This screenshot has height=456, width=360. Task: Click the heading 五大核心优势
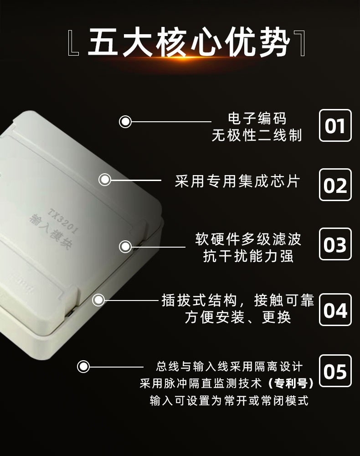[x=189, y=42]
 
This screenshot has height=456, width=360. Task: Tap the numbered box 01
[x=335, y=126]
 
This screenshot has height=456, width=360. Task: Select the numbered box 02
[x=335, y=185]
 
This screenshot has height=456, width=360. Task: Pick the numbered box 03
[x=335, y=244]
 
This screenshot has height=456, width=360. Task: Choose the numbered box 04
[x=335, y=310]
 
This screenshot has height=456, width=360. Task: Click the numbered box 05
[x=335, y=371]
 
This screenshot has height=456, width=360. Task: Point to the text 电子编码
[x=257, y=119]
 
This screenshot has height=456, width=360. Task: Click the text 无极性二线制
[x=257, y=135]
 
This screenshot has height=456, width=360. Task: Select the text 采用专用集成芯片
[x=237, y=181]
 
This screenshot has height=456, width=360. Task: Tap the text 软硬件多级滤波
[x=248, y=239]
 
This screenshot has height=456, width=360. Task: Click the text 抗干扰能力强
[x=248, y=256]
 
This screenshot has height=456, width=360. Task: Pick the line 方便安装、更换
[x=238, y=317]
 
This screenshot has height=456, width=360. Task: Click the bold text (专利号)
[x=291, y=383]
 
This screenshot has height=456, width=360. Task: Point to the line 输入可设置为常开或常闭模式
[x=229, y=400]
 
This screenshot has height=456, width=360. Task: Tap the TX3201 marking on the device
[x=63, y=221]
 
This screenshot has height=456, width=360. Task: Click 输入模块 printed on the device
[x=51, y=232]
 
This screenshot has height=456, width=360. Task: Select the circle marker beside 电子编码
[x=125, y=122]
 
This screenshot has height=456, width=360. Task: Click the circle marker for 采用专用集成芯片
[x=105, y=180]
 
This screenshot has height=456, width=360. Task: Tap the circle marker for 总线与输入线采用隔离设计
[x=83, y=367]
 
